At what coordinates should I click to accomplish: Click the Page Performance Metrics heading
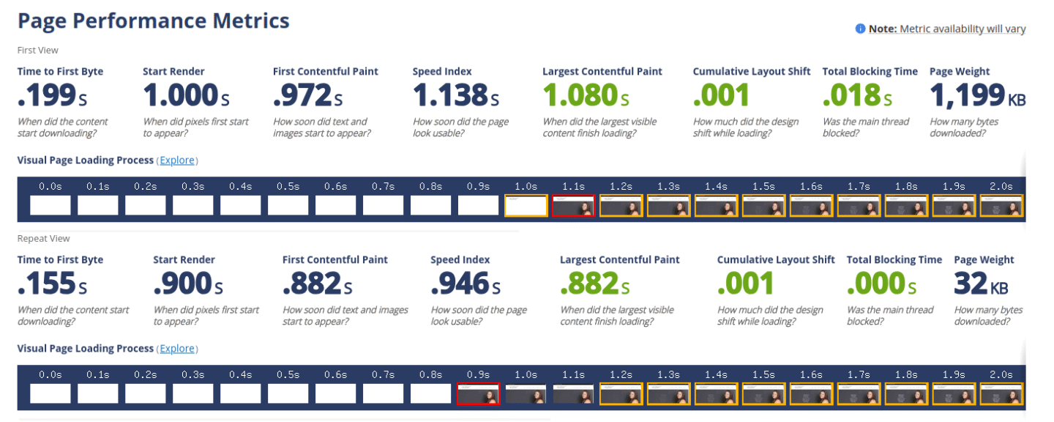click(x=153, y=21)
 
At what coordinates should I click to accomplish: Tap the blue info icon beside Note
click(x=860, y=29)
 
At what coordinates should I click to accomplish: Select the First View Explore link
click(x=178, y=160)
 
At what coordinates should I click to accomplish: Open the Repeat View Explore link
click(x=178, y=348)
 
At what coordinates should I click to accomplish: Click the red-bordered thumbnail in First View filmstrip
click(x=573, y=206)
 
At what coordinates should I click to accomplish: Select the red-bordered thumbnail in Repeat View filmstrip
click(x=478, y=394)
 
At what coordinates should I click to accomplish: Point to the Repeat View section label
click(x=44, y=238)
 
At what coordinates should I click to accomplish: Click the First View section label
click(x=38, y=50)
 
